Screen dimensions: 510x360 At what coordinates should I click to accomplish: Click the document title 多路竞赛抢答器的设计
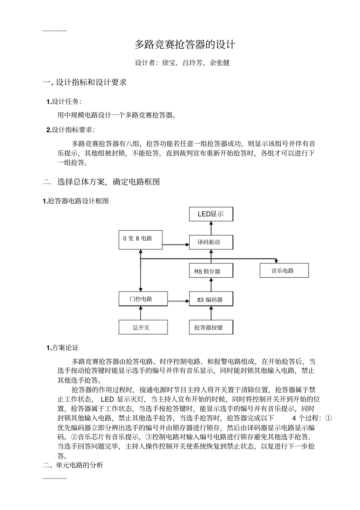(x=185, y=45)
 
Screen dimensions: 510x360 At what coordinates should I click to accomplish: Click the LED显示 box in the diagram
(x=211, y=214)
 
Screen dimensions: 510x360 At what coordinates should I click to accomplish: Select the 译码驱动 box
(x=211, y=242)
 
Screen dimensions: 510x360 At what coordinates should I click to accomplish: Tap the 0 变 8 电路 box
(x=141, y=239)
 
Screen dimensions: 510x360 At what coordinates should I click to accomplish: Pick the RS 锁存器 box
(x=211, y=271)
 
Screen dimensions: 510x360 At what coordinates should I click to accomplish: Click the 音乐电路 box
(x=284, y=271)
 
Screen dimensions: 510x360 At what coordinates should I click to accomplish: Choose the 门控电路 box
(x=143, y=299)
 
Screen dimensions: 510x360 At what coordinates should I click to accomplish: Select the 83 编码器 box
(x=211, y=299)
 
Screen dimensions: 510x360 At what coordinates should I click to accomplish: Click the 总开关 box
(x=143, y=327)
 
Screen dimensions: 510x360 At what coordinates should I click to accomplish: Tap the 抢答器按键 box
(x=211, y=327)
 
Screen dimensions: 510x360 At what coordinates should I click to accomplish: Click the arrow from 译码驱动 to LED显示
(x=211, y=228)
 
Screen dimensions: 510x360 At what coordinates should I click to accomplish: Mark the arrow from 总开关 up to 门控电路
(x=141, y=313)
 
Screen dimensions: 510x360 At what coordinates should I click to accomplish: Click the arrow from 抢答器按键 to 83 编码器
(x=211, y=313)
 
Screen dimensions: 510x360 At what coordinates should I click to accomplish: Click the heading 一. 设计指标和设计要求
(x=85, y=82)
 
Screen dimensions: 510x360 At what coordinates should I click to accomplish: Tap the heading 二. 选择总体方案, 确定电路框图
(x=102, y=182)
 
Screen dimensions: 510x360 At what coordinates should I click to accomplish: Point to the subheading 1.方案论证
(x=63, y=348)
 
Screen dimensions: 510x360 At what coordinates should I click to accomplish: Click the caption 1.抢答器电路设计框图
(x=76, y=201)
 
